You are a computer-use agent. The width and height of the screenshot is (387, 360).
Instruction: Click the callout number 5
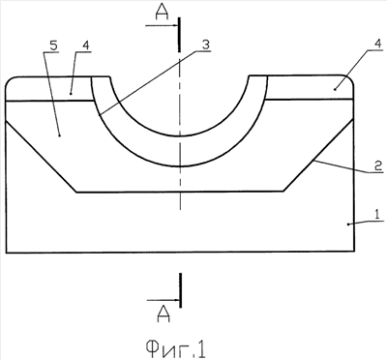pos(53,45)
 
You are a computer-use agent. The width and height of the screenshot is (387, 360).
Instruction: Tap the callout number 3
pos(206,45)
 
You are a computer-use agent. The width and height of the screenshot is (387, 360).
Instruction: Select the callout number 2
pos(378,166)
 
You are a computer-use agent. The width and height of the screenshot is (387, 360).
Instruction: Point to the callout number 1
pos(378,214)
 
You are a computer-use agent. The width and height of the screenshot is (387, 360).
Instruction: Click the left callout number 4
pos(85,45)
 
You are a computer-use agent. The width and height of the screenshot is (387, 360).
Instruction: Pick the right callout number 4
pos(378,45)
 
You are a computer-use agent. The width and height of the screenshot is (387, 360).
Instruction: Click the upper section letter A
pos(162,13)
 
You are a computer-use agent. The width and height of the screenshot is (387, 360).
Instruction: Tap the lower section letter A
pos(164,315)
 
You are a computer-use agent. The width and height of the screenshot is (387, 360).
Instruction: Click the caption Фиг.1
pos(175,349)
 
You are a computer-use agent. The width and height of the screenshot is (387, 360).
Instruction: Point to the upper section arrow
pos(163,26)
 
